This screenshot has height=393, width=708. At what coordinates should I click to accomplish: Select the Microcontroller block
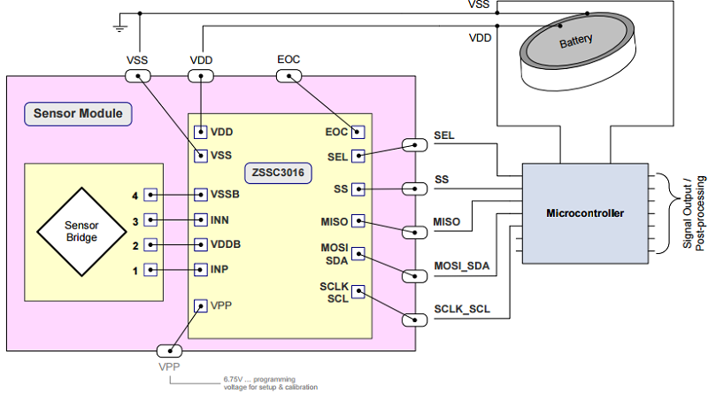(584, 213)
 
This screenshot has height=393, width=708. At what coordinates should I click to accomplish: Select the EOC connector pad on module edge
(289, 76)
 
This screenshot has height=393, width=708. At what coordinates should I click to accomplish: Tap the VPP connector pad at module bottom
(168, 351)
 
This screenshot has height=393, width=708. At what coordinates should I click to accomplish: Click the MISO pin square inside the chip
(358, 220)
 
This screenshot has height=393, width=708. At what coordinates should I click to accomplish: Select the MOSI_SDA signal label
(461, 266)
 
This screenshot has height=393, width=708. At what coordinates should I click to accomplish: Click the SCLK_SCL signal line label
(461, 310)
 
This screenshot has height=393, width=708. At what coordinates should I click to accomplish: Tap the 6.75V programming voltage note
(270, 381)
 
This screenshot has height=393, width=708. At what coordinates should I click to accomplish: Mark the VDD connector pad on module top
(203, 76)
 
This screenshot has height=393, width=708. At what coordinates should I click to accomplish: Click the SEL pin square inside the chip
(358, 157)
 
